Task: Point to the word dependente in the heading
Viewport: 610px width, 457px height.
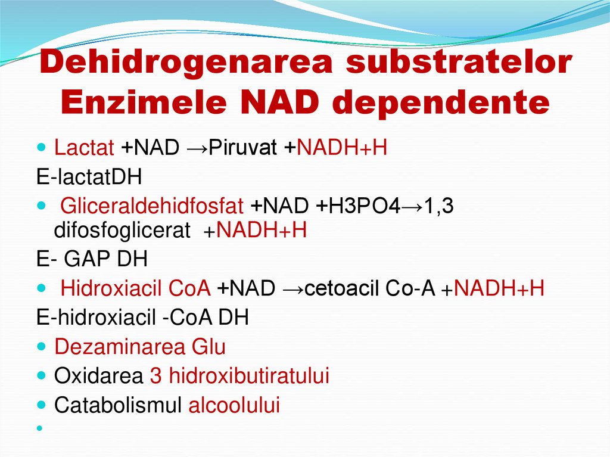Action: point(440,102)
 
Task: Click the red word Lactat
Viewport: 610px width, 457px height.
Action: point(83,148)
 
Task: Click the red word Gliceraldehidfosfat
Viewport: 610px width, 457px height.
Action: point(152,206)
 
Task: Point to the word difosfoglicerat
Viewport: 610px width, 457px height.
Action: point(122,230)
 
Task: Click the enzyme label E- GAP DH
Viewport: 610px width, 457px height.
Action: point(92,259)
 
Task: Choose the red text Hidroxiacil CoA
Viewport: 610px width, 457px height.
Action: point(135,288)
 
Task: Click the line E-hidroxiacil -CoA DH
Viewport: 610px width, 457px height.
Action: point(142,318)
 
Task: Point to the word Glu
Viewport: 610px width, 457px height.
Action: point(211,347)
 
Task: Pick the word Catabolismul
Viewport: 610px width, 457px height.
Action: point(117,405)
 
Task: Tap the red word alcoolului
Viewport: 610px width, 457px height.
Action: point(234,405)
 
